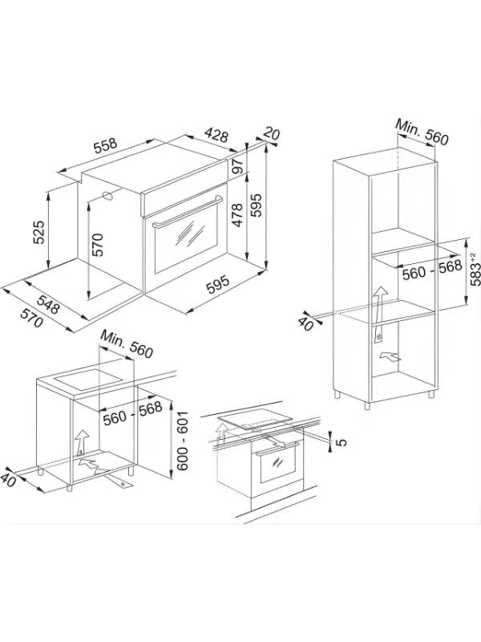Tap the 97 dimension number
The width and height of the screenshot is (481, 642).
pos(237,167)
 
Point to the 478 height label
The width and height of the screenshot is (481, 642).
pos(237,214)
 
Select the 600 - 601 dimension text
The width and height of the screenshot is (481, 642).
pos(184,441)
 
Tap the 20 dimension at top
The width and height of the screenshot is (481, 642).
pos(272,135)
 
